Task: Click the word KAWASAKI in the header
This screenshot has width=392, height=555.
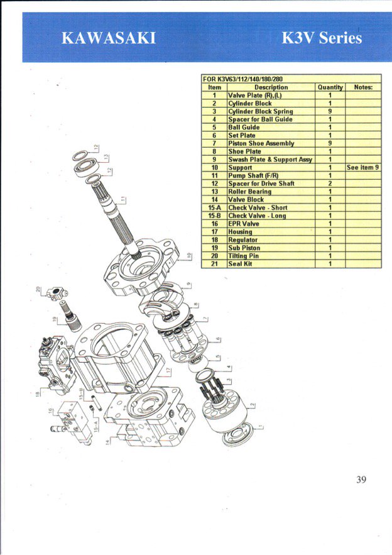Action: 108,38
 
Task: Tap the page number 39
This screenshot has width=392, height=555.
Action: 361,480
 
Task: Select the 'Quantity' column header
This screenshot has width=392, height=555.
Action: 330,87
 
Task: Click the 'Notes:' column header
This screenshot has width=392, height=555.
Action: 364,87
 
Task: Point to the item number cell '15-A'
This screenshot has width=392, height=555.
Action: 214,207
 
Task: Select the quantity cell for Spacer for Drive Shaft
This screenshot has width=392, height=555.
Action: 330,184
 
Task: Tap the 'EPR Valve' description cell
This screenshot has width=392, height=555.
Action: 240,224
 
